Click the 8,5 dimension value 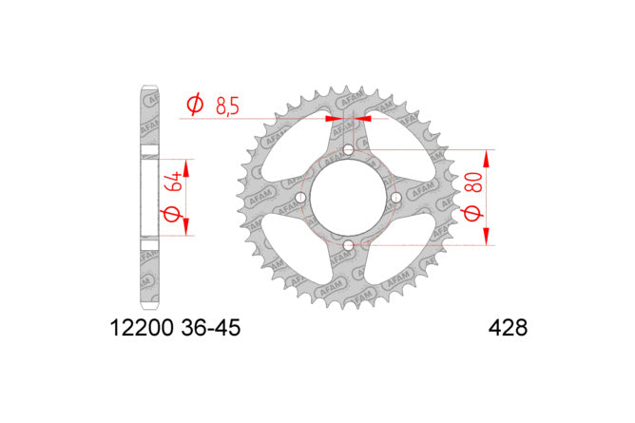pyautogui.click(x=227, y=106)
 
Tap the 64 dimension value pyautogui.click(x=172, y=182)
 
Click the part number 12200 pyautogui.click(x=142, y=328)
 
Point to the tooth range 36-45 pyautogui.click(x=211, y=328)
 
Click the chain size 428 pyautogui.click(x=508, y=328)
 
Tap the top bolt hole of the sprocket pyautogui.click(x=348, y=150)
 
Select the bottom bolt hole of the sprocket pyautogui.click(x=348, y=245)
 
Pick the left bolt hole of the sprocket pyautogui.click(x=301, y=198)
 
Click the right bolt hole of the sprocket pyautogui.click(x=395, y=198)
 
